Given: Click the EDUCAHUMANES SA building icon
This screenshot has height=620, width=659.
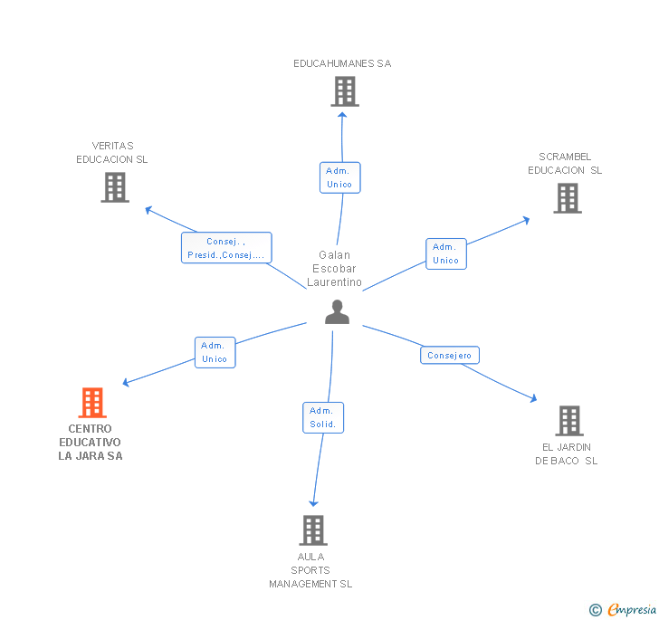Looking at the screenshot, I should point(344,91).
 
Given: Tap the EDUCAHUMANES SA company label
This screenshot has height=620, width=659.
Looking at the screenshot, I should point(342,63).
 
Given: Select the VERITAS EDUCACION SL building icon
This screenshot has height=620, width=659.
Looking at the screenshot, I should point(115,186).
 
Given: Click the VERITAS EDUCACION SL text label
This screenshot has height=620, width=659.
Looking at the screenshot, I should point(112,152).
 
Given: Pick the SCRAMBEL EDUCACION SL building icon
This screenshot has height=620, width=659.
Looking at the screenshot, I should point(568,197).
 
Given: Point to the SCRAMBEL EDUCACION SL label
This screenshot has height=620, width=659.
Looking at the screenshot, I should point(565,163).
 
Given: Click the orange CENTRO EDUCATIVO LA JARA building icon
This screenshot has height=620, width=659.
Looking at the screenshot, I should point(91,403).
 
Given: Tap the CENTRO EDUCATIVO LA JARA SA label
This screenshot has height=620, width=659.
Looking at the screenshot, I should point(91,443).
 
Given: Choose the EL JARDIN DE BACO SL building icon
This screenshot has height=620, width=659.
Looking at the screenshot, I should point(568,420).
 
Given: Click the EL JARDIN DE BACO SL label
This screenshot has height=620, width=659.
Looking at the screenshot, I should point(567,453).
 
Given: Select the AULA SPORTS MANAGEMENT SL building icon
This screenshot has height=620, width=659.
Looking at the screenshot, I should point(312,529).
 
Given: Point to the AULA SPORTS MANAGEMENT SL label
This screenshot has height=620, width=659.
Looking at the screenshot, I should point(310,570).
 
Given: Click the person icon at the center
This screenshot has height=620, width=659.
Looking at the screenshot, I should point(337,312).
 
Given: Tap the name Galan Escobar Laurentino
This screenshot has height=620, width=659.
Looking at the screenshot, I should point(334,269).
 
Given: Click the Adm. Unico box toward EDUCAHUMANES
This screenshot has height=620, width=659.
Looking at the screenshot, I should point(339,177).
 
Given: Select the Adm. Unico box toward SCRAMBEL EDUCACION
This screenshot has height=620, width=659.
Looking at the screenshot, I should point(445,253).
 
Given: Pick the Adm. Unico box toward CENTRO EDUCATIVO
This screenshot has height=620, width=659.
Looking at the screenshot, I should point(215,352).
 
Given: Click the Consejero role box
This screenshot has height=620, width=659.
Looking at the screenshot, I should point(450,356).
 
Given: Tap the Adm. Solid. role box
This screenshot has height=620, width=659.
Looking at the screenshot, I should point(323,417).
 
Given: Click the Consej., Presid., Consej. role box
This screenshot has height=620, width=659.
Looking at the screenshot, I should point(226,248).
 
